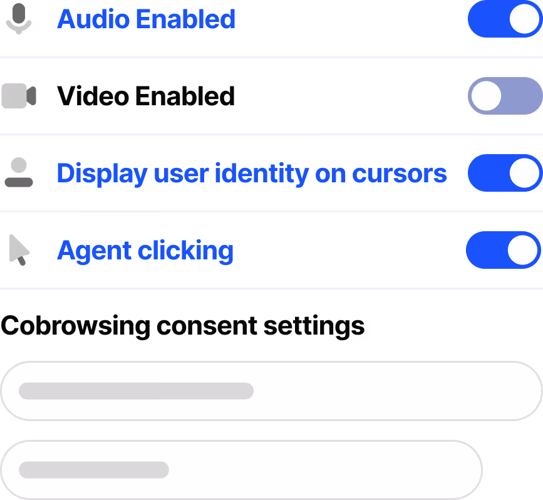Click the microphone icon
18,19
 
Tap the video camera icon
18,96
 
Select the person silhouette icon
18,173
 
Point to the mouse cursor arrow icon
18,250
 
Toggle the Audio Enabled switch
504,19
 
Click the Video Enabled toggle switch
504,96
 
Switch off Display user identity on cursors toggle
504,173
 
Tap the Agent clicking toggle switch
502,250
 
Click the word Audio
93,19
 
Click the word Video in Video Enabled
93,96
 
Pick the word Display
101,174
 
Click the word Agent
94,251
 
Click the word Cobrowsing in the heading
75,326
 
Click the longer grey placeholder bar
136,391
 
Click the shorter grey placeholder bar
94,469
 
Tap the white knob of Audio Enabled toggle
524,19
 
